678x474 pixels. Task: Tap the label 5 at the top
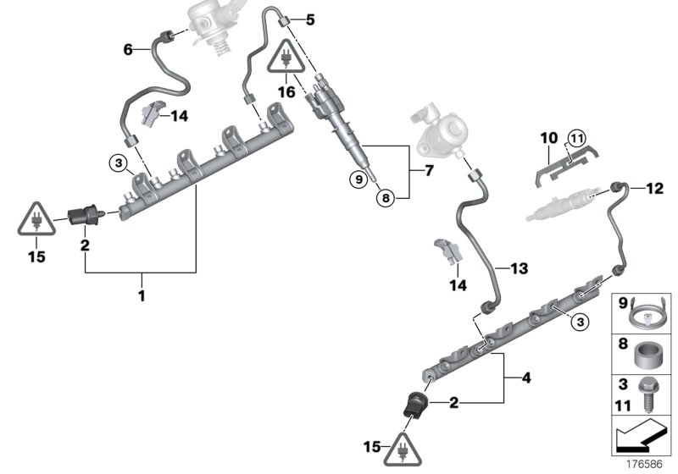pyautogui.click(x=309, y=19)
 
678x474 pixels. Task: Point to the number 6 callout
pyautogui.click(x=129, y=49)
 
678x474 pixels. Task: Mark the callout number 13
pyautogui.click(x=520, y=268)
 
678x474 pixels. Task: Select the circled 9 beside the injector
pyautogui.click(x=360, y=179)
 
